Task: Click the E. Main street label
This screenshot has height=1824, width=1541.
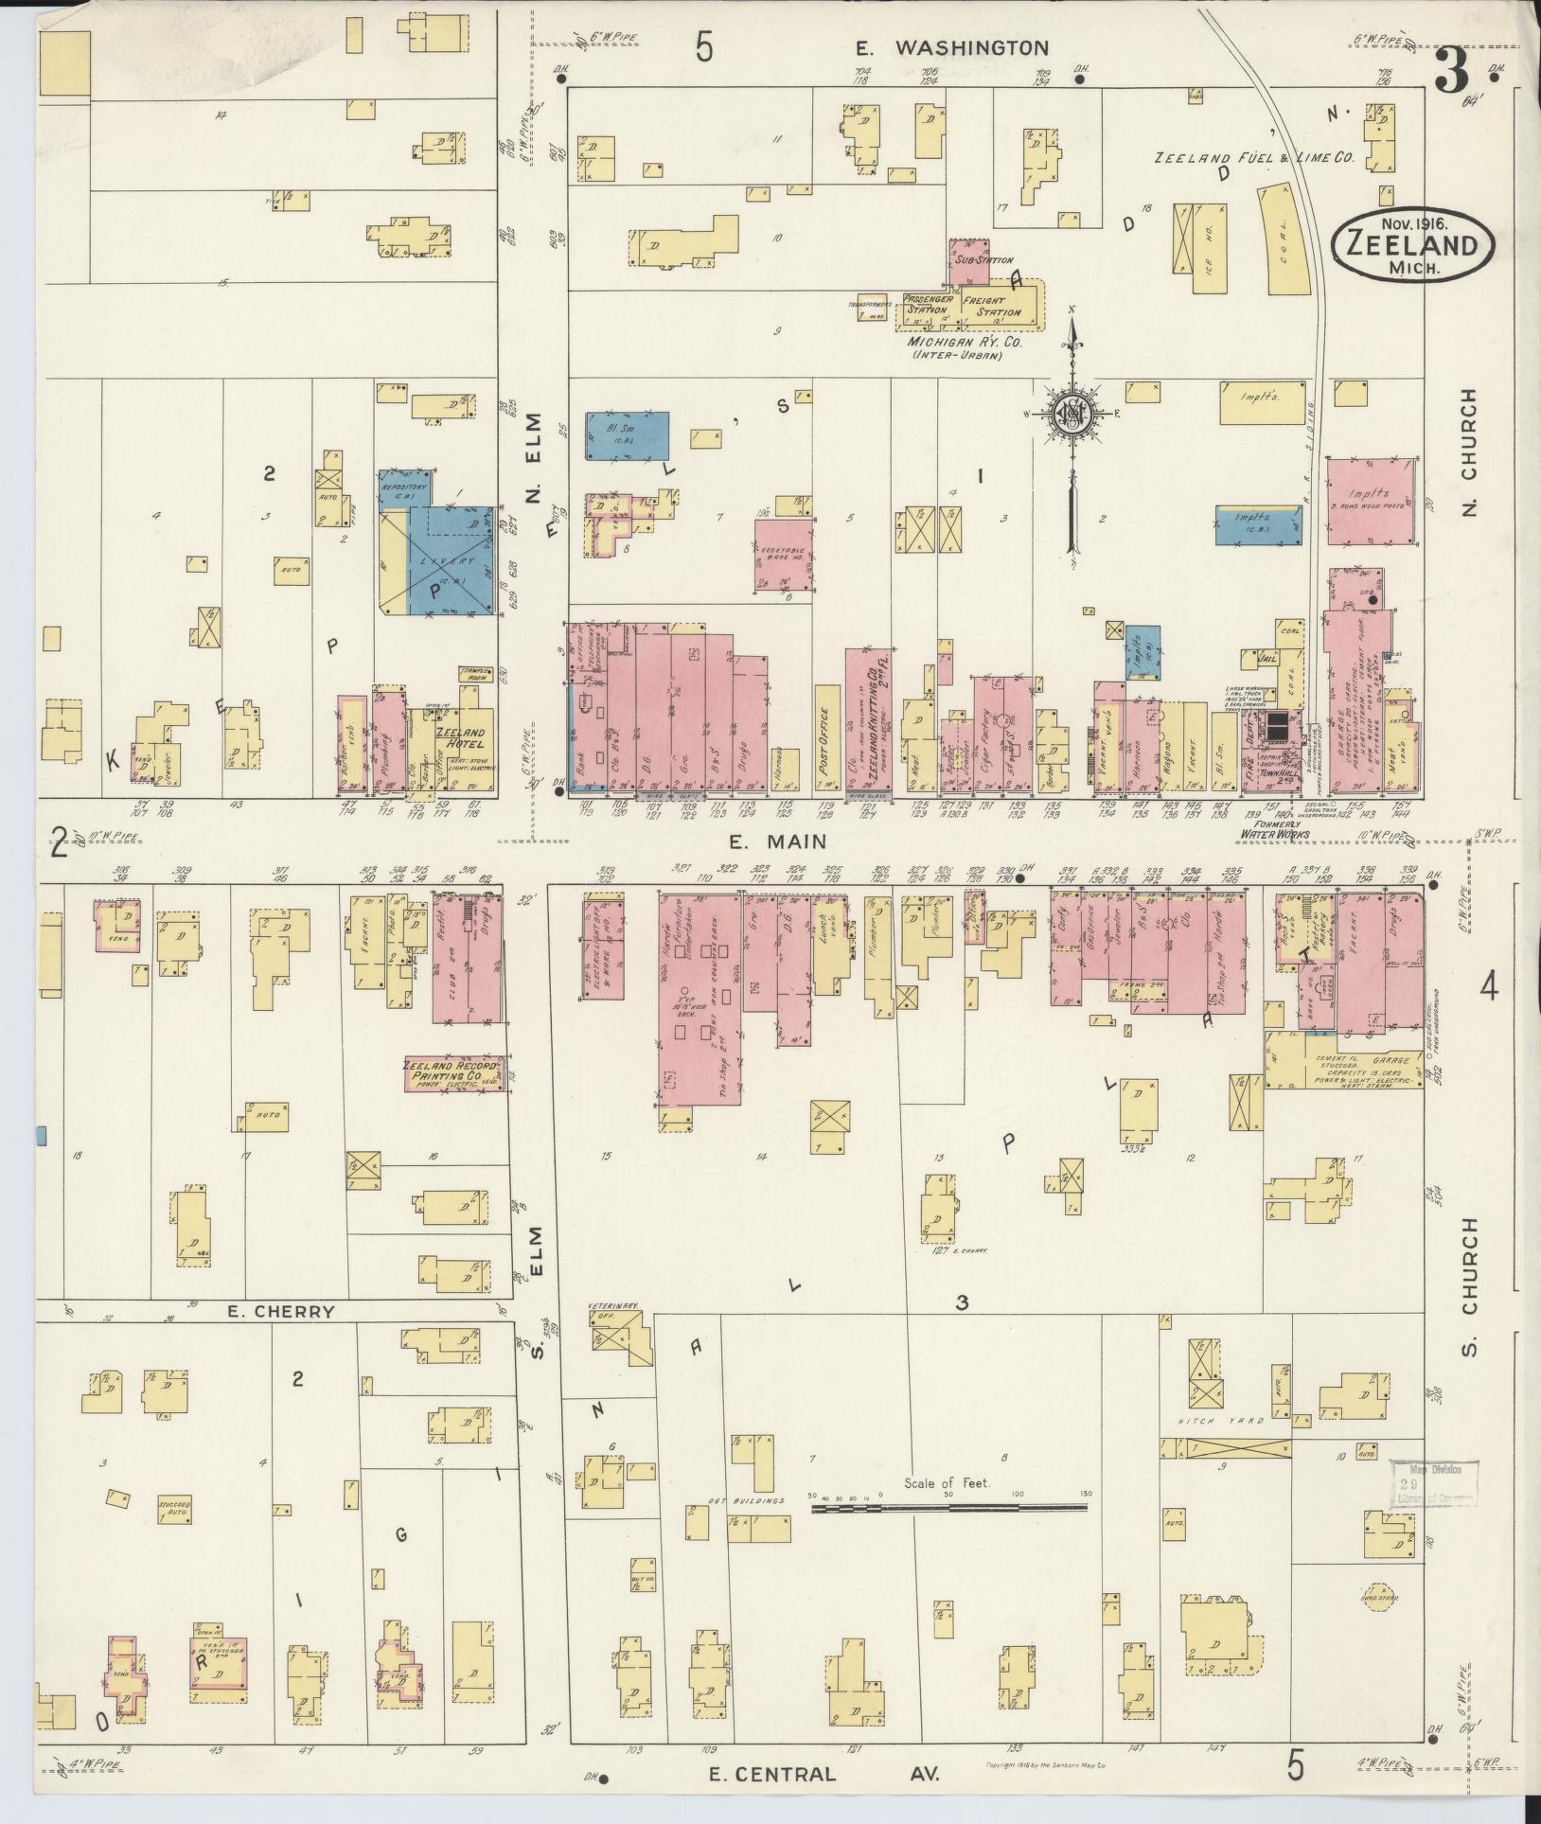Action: (778, 841)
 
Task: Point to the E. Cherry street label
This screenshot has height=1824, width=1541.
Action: (282, 1311)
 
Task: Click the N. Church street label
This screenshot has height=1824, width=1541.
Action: (1468, 454)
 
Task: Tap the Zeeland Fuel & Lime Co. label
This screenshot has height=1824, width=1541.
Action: (1253, 158)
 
